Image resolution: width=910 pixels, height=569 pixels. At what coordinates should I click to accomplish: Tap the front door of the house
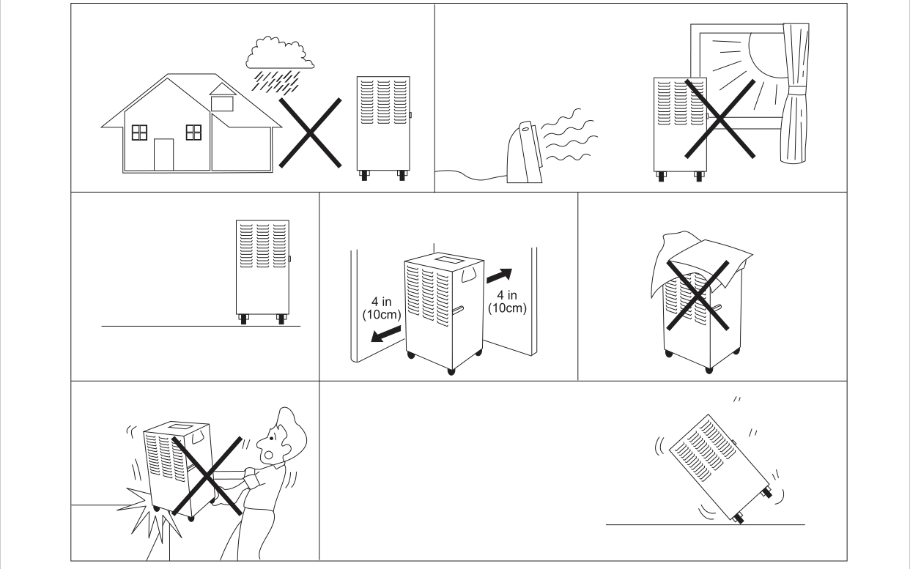(163, 154)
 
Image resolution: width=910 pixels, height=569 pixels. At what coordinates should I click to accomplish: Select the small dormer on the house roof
(221, 97)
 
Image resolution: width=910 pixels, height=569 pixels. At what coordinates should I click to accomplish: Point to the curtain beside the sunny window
(793, 103)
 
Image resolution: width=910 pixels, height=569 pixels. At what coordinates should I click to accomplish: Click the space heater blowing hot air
(526, 153)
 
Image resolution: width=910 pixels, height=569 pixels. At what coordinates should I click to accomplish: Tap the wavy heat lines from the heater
(571, 135)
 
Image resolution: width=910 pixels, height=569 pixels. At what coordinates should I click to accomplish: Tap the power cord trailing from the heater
(469, 174)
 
